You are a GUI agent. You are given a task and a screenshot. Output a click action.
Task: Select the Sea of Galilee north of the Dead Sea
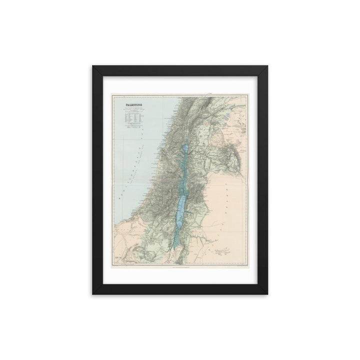[x=185, y=149]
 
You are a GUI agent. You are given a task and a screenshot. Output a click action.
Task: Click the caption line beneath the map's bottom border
[x=180, y=267]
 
